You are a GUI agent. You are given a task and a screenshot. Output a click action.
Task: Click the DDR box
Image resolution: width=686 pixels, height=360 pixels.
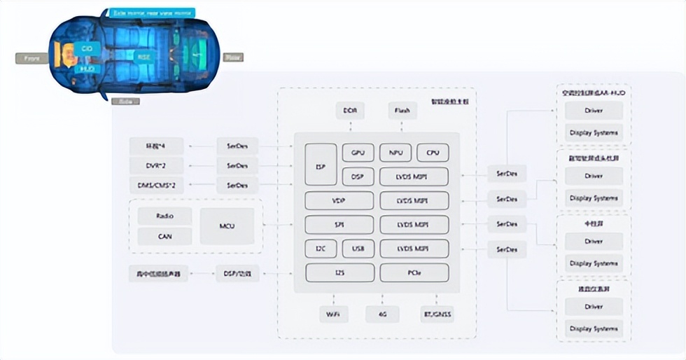[349, 111]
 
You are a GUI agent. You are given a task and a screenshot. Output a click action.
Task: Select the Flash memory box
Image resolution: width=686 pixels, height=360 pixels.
[402, 111]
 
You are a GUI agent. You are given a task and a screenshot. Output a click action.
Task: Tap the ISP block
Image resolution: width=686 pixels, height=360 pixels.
[321, 165]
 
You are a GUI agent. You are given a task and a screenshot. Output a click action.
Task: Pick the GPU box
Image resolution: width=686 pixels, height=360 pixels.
[358, 152]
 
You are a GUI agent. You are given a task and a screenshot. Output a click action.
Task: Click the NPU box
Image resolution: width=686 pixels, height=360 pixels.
[395, 152]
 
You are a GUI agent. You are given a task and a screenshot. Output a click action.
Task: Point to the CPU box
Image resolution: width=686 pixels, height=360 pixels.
[433, 152]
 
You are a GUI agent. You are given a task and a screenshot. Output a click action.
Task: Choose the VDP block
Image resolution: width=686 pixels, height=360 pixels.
[339, 200]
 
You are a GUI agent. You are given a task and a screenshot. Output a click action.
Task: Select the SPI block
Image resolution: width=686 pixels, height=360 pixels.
[339, 225]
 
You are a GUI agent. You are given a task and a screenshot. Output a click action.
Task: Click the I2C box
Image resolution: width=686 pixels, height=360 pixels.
[321, 249]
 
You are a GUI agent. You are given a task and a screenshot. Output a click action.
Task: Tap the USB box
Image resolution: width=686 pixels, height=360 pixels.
[358, 249]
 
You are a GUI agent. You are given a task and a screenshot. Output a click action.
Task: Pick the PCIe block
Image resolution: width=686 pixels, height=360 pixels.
[414, 272]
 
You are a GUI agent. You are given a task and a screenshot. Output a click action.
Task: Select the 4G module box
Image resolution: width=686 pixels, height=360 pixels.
[382, 314]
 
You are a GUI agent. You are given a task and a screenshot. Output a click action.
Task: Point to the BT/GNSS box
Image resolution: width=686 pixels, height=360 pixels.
[436, 314]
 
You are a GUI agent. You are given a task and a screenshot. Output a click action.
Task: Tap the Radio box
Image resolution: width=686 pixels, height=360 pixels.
[164, 216]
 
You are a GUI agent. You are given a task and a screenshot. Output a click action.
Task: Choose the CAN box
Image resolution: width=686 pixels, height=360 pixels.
[164, 236]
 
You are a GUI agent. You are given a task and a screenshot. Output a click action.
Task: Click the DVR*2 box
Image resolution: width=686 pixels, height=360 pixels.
[155, 166]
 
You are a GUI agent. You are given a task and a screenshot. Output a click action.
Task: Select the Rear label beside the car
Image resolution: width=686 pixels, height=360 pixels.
[232, 57]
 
